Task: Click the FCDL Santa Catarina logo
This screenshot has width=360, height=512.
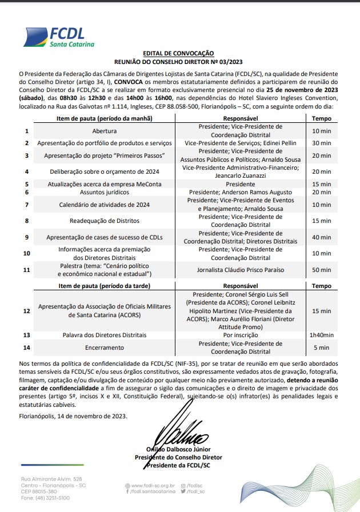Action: coord(58,35)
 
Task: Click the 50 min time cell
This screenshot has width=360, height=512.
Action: coord(321,270)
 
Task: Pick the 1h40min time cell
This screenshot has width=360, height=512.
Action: coord(321,335)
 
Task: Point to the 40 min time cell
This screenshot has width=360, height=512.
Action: coord(321,237)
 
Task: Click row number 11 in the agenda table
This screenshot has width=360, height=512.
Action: coord(27,270)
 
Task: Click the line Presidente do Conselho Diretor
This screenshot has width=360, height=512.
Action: coord(178,457)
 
